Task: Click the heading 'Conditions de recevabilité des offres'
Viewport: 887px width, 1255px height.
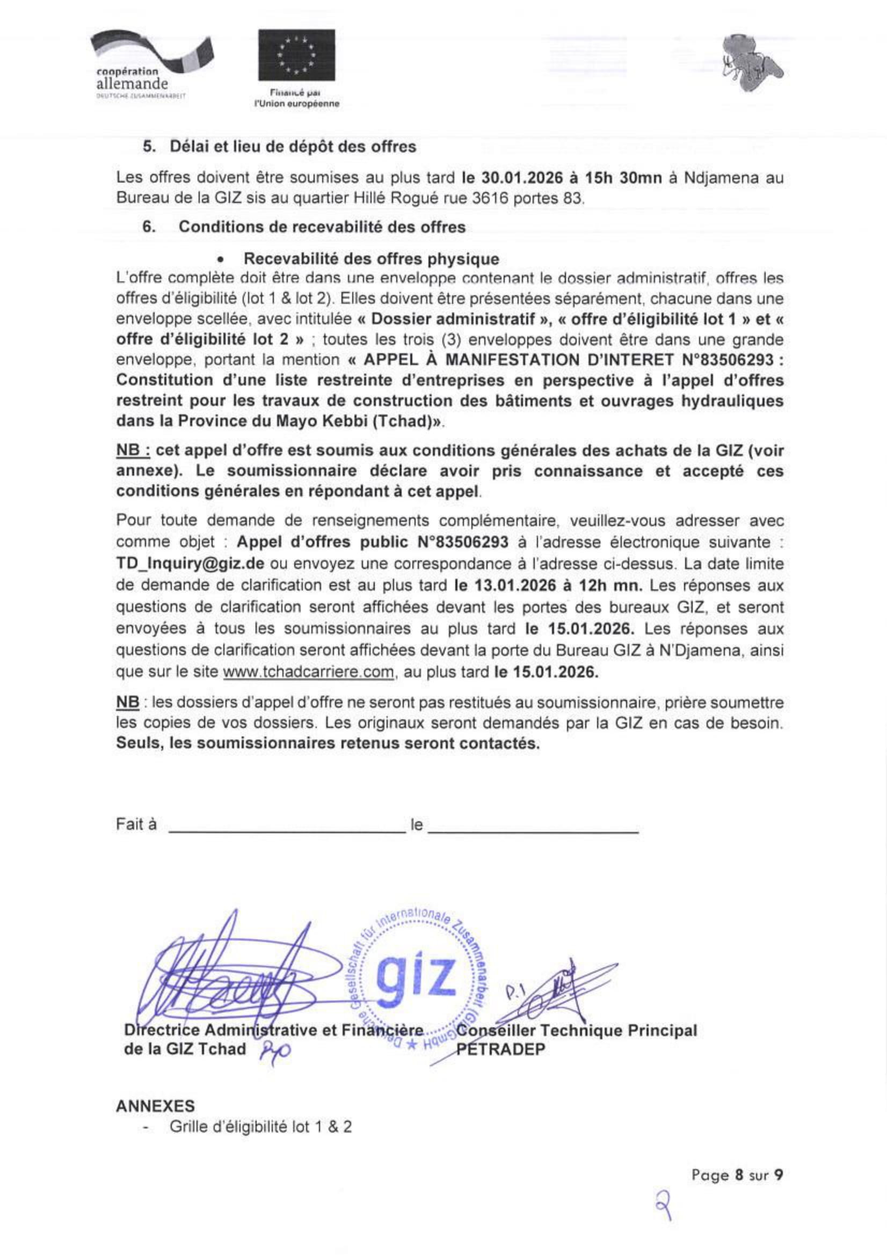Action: click(x=322, y=227)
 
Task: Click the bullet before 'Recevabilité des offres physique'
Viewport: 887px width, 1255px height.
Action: click(x=221, y=260)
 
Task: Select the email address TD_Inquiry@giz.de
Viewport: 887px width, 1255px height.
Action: click(x=190, y=564)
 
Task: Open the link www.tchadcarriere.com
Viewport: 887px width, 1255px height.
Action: click(x=308, y=672)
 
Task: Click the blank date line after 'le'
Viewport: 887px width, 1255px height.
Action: click(x=533, y=831)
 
